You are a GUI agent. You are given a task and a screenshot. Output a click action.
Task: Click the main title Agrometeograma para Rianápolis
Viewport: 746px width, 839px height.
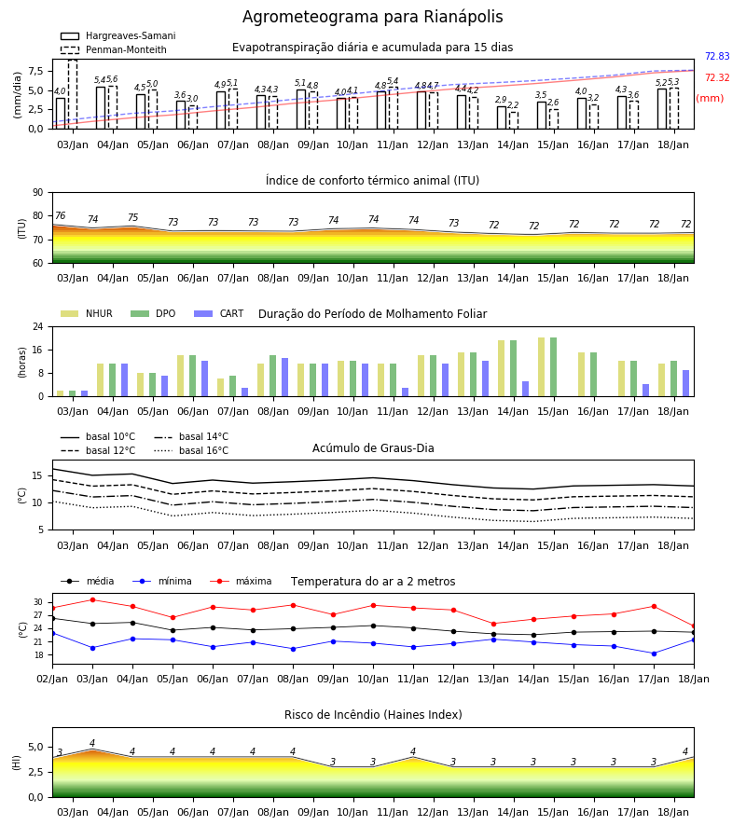tap(372, 17)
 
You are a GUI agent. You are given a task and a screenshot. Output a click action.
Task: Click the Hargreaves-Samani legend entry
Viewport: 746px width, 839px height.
tap(117, 35)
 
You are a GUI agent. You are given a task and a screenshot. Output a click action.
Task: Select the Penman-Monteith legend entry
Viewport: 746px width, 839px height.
tap(114, 49)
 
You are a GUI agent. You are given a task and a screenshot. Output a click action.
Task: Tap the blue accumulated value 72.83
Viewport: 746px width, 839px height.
tap(717, 56)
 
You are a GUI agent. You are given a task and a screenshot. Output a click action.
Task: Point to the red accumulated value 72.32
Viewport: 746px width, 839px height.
tap(717, 77)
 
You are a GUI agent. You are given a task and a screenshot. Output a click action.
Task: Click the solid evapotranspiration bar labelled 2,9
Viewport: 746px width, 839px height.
tap(502, 117)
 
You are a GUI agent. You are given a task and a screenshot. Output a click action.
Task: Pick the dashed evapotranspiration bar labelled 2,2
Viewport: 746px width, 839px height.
tap(514, 120)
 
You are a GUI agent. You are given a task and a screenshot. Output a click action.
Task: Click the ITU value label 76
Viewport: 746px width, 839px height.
tap(60, 215)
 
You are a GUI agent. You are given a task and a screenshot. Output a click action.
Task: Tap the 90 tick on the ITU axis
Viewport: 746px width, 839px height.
tap(38, 193)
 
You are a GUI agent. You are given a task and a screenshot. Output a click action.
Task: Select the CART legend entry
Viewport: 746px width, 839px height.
tap(219, 313)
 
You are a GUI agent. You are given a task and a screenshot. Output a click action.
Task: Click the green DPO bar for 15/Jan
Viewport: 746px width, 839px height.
tap(553, 367)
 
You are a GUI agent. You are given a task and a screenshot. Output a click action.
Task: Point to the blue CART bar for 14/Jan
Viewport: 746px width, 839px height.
tap(526, 389)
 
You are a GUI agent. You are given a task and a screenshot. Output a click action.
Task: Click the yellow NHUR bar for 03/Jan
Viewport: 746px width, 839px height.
tap(61, 393)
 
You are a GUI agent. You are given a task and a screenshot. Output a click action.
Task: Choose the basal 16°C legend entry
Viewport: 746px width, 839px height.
tap(191, 450)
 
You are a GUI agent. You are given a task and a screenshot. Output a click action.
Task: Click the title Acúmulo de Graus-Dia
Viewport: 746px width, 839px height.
tap(373, 448)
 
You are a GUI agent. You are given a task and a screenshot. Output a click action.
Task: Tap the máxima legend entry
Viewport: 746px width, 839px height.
tap(241, 581)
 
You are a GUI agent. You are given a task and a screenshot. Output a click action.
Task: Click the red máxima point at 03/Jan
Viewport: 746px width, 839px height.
tap(92, 599)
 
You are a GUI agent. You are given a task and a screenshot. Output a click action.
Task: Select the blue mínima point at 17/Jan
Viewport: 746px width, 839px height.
tap(654, 653)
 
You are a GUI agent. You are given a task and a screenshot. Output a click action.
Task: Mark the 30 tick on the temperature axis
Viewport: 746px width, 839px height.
tap(38, 602)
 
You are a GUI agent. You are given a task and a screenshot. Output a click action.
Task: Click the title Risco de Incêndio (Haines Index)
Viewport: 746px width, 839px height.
tap(373, 715)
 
